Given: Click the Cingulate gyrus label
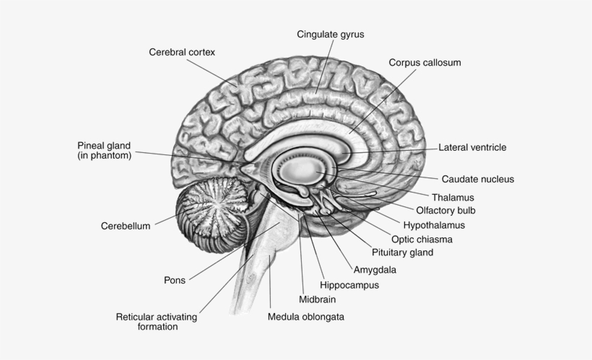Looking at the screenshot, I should pyautogui.click(x=331, y=34).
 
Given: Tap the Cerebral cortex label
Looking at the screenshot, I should pyautogui.click(x=182, y=52).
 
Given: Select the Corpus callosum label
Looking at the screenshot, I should pyautogui.click(x=425, y=63).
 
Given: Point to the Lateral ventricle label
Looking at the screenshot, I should pyautogui.click(x=472, y=147).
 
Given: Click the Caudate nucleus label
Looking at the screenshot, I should pyautogui.click(x=477, y=179).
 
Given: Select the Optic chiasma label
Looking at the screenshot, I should pyautogui.click(x=422, y=239).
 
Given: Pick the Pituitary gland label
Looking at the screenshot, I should pyautogui.click(x=402, y=253).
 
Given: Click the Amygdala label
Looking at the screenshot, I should pyautogui.click(x=375, y=270).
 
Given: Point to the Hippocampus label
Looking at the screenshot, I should pyautogui.click(x=349, y=285).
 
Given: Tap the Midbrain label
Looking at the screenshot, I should pyautogui.click(x=317, y=299).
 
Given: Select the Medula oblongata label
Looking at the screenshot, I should pyautogui.click(x=305, y=316).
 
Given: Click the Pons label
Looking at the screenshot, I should pyautogui.click(x=175, y=280).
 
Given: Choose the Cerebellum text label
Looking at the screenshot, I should pyautogui.click(x=126, y=226).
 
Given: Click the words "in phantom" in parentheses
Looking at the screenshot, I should pyautogui.click(x=105, y=155).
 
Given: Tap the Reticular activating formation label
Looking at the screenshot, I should pyautogui.click(x=157, y=322).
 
